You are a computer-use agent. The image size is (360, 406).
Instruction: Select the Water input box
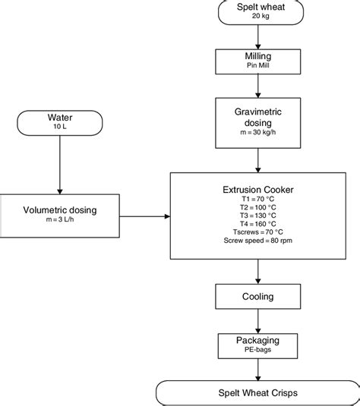point(58,122)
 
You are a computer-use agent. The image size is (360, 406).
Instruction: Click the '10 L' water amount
point(58,128)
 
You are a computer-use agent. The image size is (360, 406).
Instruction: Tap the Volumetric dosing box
point(58,216)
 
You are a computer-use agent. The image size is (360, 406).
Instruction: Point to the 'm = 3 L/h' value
point(58,222)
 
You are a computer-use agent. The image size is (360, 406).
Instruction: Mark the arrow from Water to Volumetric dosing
point(58,165)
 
